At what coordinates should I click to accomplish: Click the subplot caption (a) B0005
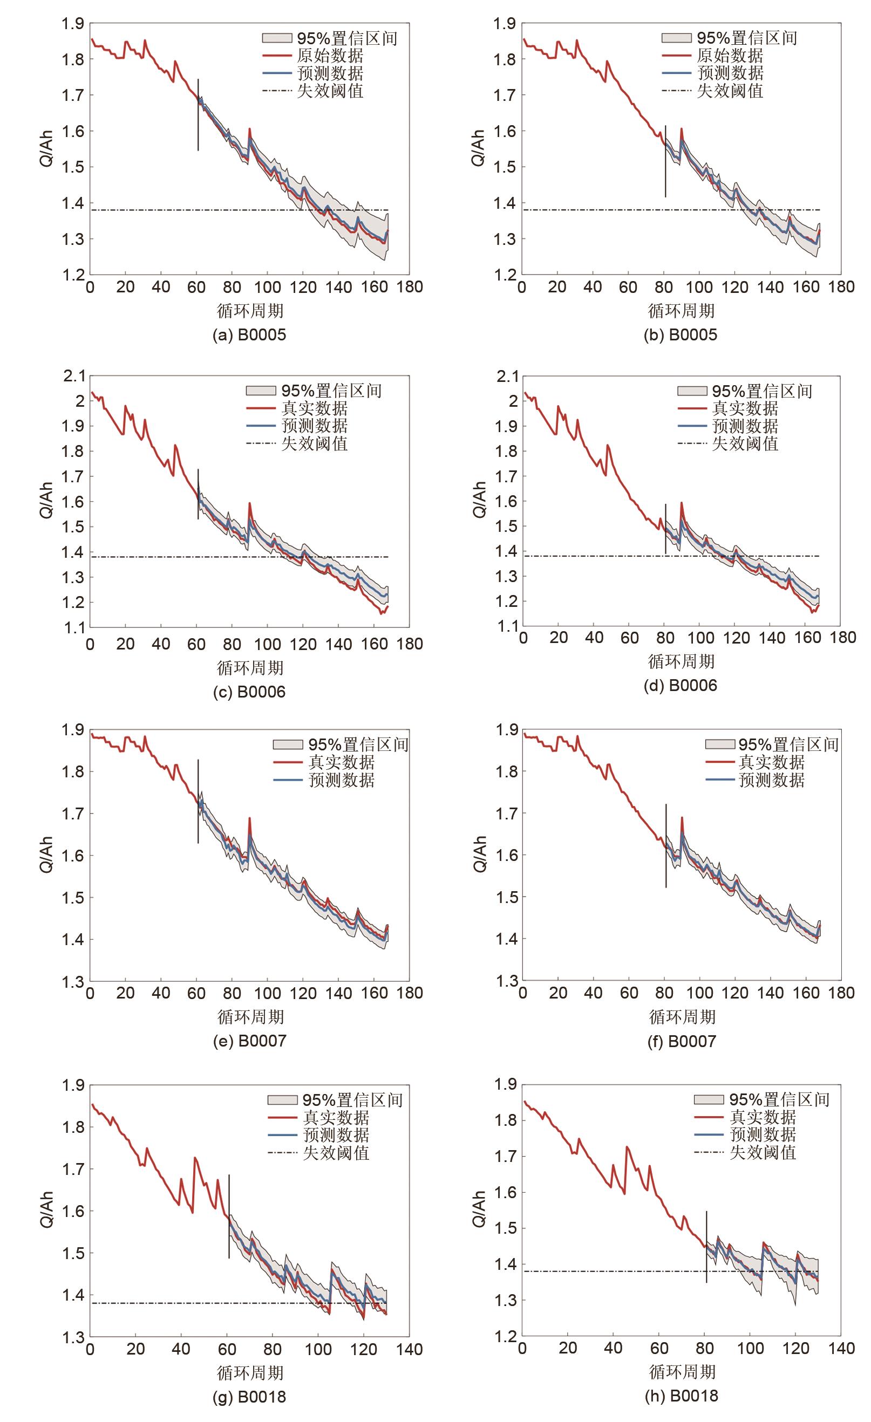pyautogui.click(x=249, y=334)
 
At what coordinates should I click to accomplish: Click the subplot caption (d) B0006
pyautogui.click(x=681, y=686)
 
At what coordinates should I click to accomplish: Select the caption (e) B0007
pyautogui.click(x=249, y=1041)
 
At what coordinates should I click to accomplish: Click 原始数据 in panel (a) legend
pyautogui.click(x=330, y=56)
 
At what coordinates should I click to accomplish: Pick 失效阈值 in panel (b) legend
pyautogui.click(x=730, y=91)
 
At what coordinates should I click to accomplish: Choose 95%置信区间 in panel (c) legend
pyautogui.click(x=331, y=391)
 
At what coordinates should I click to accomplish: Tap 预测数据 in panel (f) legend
pyautogui.click(x=772, y=780)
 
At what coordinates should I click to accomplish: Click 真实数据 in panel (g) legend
pyautogui.click(x=336, y=1118)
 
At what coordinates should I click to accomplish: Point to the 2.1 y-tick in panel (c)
pyautogui.click(x=74, y=377)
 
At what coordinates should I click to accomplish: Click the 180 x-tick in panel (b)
pyautogui.click(x=841, y=287)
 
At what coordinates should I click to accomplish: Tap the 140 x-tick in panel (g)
pyautogui.click(x=409, y=1349)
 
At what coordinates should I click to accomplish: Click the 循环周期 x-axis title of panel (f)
pyautogui.click(x=682, y=1017)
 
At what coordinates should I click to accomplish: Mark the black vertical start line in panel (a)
pyautogui.click(x=198, y=115)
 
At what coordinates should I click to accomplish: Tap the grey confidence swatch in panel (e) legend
pyautogui.click(x=288, y=744)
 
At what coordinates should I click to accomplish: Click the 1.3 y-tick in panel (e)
pyautogui.click(x=74, y=982)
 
